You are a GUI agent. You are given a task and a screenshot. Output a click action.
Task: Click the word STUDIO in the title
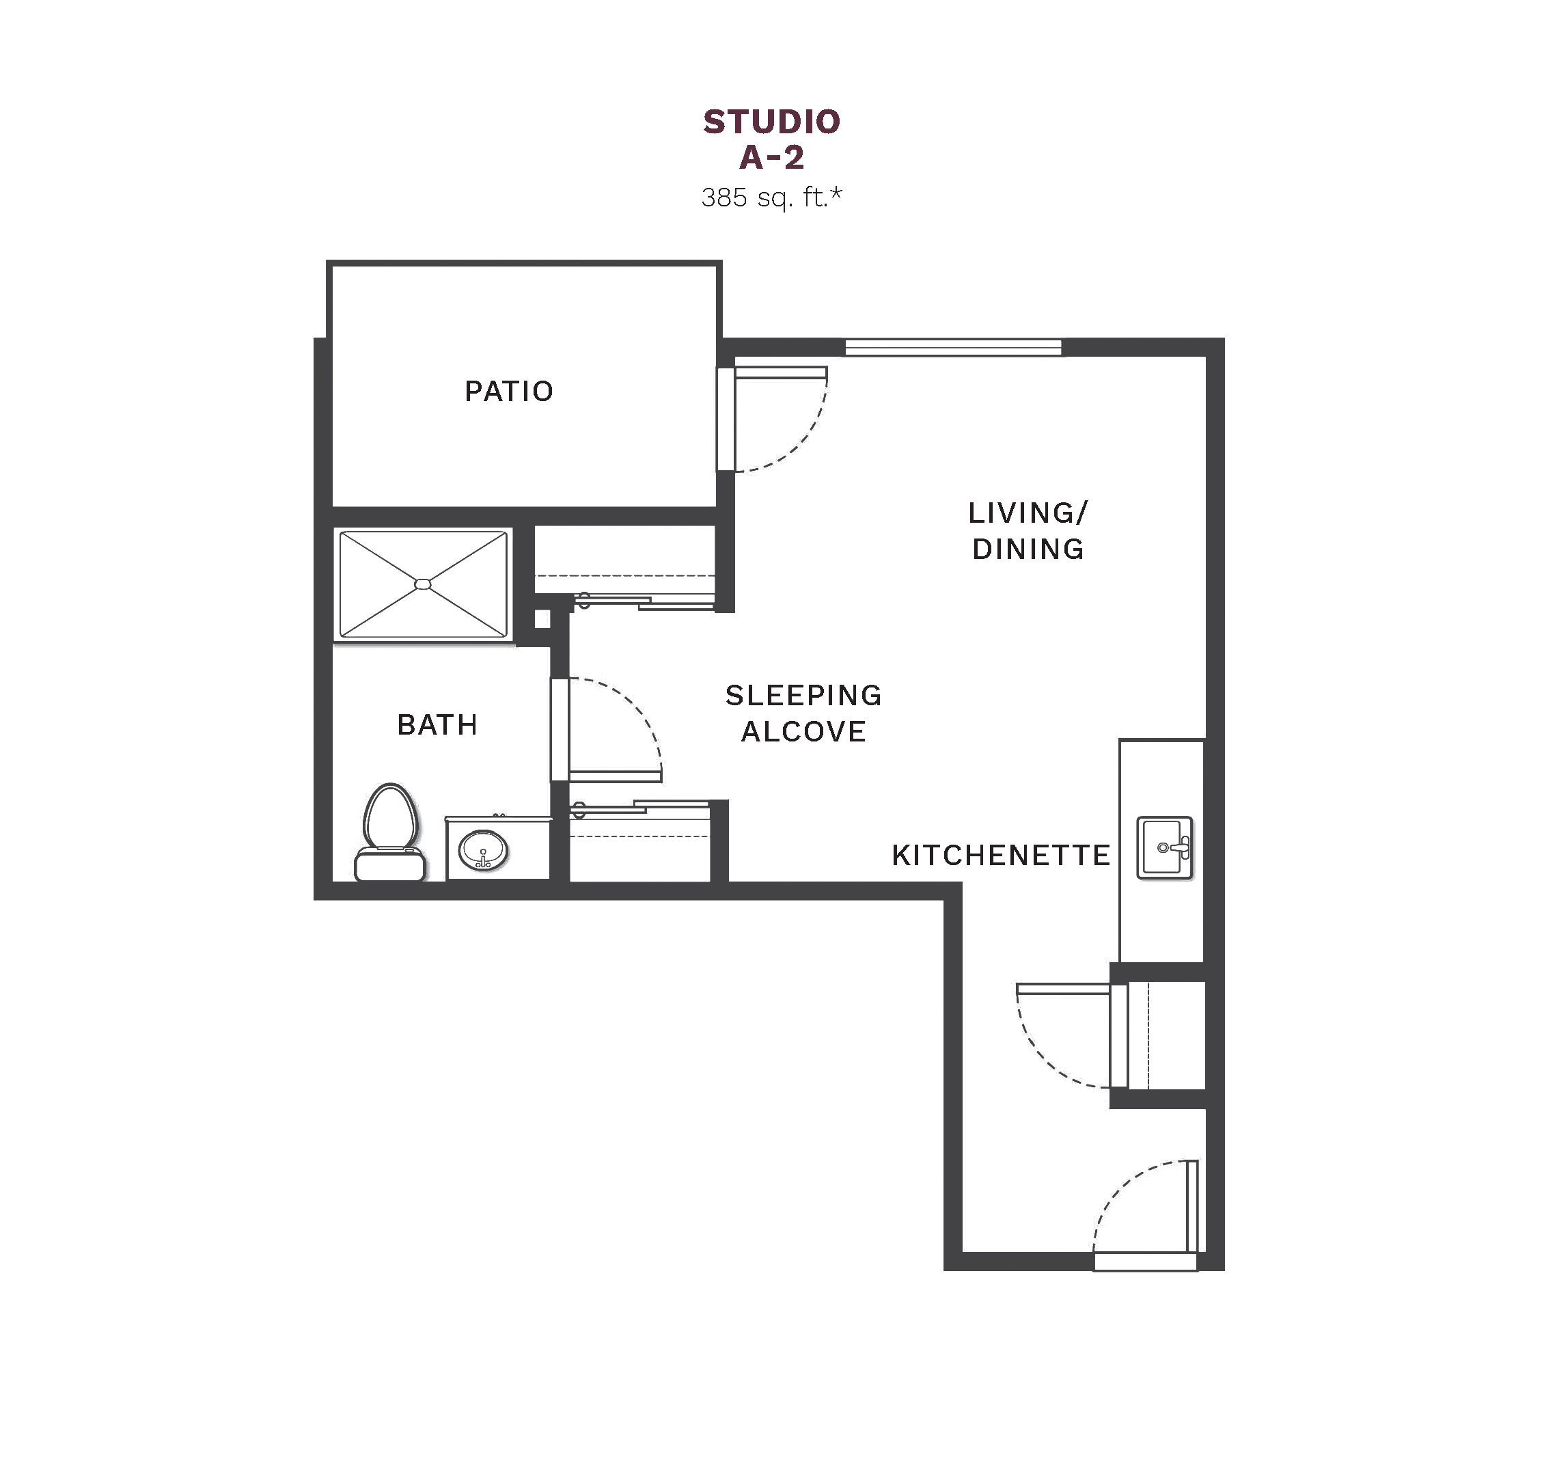771,122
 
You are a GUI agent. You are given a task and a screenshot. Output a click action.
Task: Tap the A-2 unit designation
771,157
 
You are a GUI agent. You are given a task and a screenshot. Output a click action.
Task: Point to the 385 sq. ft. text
771,198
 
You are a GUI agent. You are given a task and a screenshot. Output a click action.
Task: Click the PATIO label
508,391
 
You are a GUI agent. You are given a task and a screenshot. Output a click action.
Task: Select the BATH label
437,725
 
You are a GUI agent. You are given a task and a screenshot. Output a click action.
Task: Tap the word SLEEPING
804,695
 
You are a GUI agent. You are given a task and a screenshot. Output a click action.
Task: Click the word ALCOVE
804,732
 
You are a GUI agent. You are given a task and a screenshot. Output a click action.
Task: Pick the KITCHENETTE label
1001,856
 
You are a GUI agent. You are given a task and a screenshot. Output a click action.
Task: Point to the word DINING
1028,549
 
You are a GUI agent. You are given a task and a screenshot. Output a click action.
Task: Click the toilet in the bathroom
390,833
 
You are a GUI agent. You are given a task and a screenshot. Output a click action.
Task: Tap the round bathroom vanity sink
483,850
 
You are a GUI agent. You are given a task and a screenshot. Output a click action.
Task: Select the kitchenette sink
1165,847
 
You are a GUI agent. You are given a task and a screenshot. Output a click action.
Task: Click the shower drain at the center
423,584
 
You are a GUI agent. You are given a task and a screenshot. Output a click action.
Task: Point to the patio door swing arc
805,444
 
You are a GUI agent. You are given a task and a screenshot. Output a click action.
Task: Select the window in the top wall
953,347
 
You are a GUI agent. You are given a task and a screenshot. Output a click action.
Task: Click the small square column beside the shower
542,619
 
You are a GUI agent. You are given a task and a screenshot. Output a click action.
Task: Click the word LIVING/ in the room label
1028,513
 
